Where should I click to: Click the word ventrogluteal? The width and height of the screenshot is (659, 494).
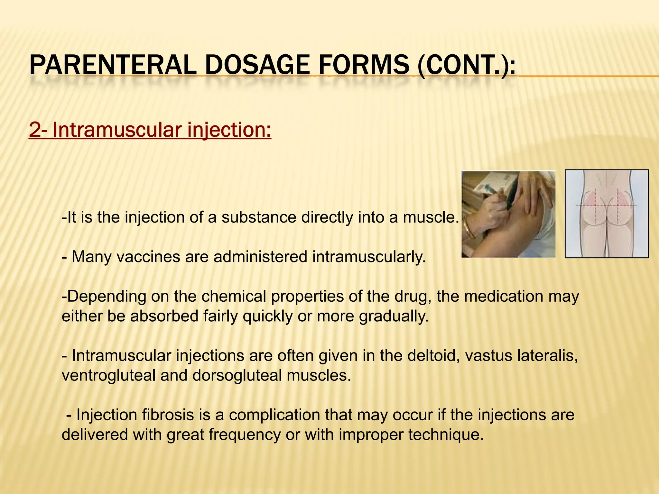[x=108, y=376]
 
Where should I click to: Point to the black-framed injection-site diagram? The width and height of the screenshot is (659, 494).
[x=607, y=214]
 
